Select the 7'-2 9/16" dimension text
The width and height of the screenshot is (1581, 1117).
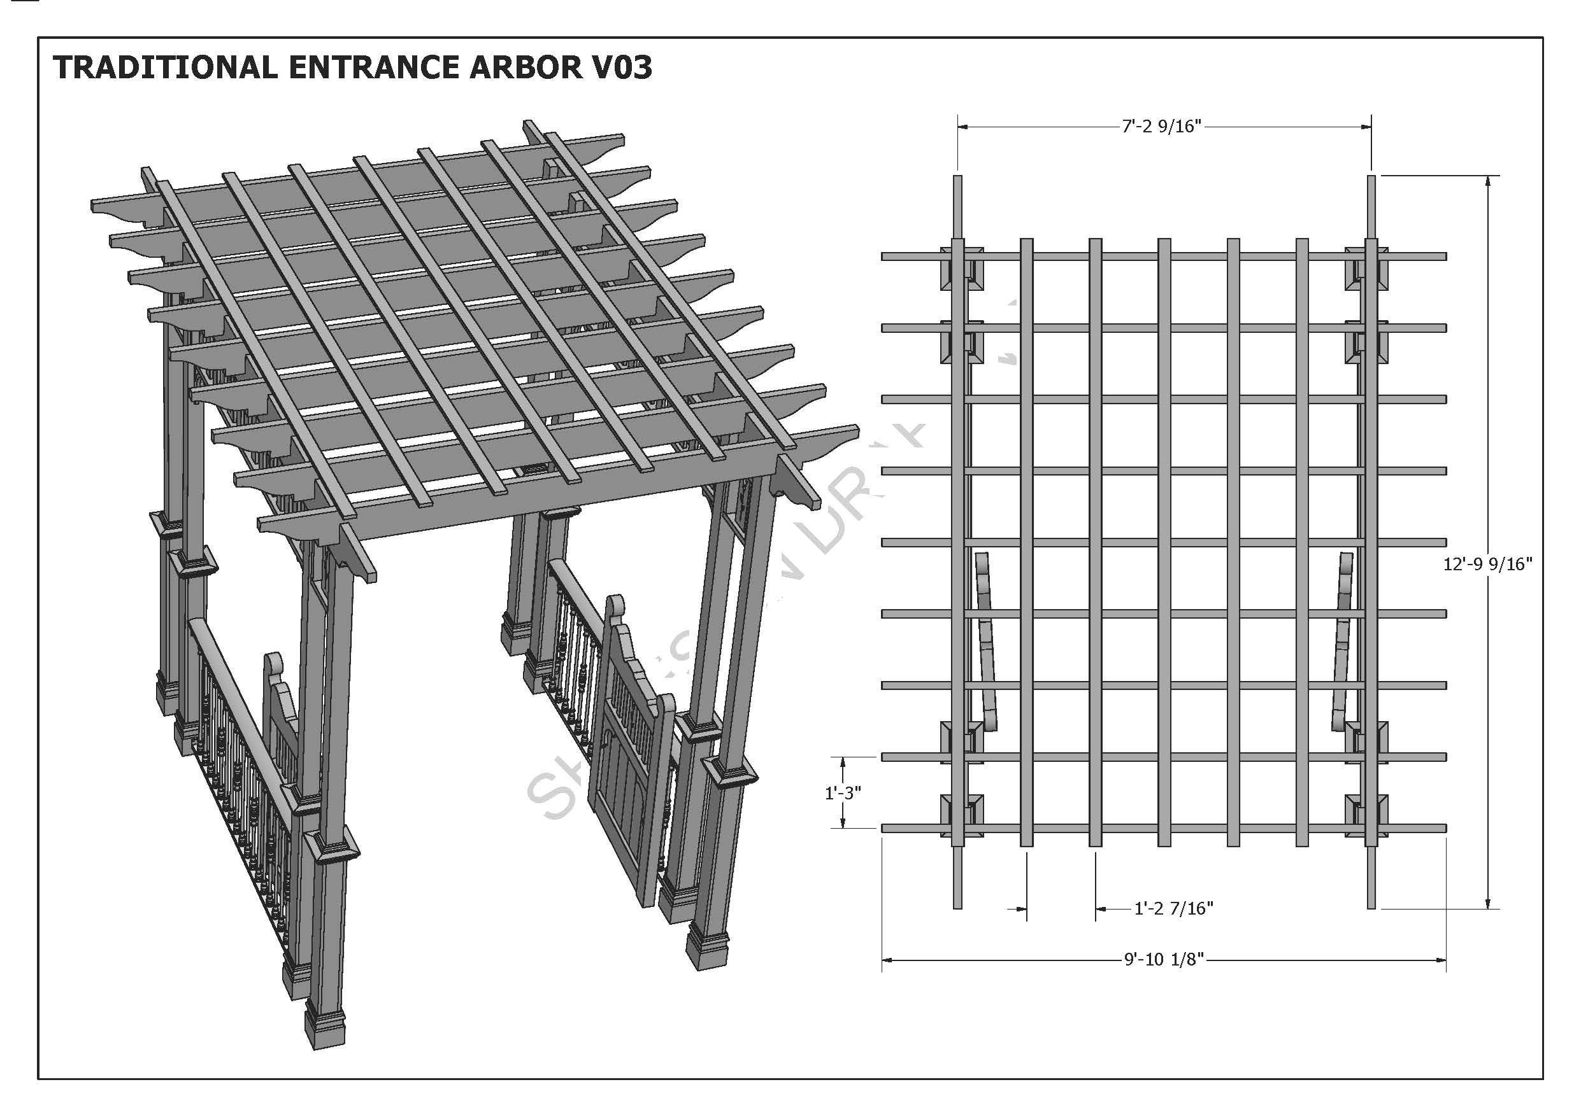pyautogui.click(x=1162, y=127)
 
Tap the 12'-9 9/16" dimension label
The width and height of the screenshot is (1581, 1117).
pyautogui.click(x=1487, y=564)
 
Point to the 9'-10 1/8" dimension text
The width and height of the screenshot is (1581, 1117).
pyautogui.click(x=1164, y=959)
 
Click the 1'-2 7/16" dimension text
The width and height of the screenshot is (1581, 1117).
pyautogui.click(x=1173, y=908)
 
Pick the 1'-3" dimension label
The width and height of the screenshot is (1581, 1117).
pyautogui.click(x=843, y=793)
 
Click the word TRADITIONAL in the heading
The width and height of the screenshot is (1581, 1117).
pyautogui.click(x=165, y=67)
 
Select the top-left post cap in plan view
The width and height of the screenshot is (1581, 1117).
pyautogui.click(x=962, y=269)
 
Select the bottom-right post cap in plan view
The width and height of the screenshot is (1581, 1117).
pyautogui.click(x=1367, y=815)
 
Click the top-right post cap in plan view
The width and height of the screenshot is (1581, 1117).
pyautogui.click(x=1367, y=269)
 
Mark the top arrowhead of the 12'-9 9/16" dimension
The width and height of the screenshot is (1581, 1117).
pyautogui.click(x=1488, y=181)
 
